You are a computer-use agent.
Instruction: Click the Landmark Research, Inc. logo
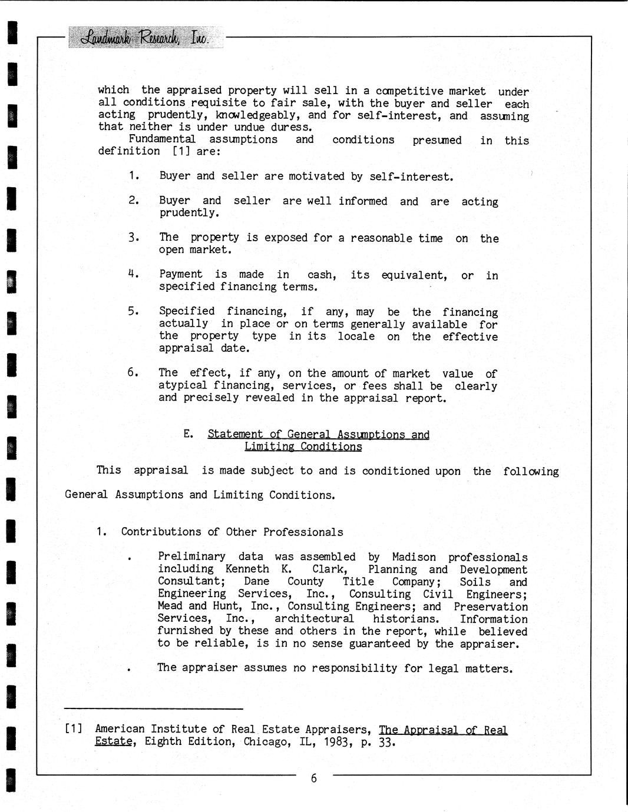pos(144,38)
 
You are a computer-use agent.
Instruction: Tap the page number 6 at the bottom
pos(313,778)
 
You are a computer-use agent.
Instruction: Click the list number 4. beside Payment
pos(133,274)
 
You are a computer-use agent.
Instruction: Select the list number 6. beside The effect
pos(133,372)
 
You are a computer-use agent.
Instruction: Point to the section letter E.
pos(188,434)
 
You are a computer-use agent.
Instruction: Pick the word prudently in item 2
pos(189,212)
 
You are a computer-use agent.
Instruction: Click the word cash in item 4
pos(322,275)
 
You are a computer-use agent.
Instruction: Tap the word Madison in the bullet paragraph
pos(414,557)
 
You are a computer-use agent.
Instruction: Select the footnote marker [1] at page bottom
pos(74,729)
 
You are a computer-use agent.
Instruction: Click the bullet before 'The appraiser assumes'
pos(129,669)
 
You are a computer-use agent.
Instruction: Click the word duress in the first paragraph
pos(290,127)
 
